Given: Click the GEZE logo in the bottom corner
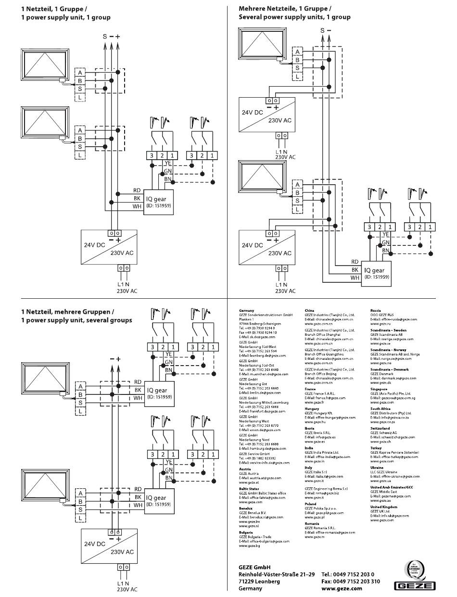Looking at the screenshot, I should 415,585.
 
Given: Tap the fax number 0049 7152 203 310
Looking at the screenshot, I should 350,581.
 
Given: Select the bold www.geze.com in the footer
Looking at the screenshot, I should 342,588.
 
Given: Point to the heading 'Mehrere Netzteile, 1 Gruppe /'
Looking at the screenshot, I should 285,9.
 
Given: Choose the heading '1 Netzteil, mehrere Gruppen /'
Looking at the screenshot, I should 67,312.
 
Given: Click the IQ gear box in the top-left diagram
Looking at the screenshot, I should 159,202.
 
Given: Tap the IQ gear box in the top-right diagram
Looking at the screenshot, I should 377,273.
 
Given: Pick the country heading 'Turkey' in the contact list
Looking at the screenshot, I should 376,448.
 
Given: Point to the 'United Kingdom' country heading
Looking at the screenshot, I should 383,507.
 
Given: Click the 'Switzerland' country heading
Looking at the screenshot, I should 380,428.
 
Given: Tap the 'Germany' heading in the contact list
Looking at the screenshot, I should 246,311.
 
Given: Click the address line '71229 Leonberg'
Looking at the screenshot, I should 259,581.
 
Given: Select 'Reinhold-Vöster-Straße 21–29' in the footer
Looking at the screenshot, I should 277,574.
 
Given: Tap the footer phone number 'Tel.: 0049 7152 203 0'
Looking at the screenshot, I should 347,574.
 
